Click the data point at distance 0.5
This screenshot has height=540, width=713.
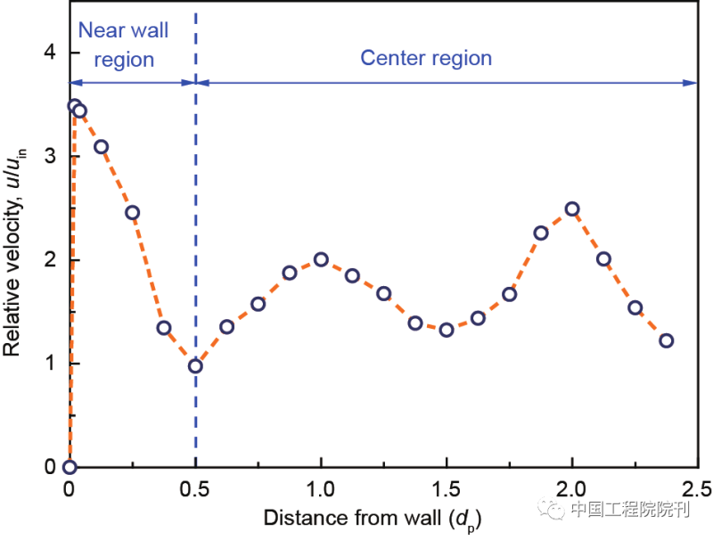click(x=195, y=365)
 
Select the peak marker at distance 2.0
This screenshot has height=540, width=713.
click(x=572, y=209)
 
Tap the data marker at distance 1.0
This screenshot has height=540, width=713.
click(x=321, y=260)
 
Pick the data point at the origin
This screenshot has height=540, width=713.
click(x=70, y=467)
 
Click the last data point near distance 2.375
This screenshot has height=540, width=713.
click(x=667, y=340)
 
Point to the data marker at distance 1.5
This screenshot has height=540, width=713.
click(x=447, y=330)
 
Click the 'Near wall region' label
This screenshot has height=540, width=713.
click(x=123, y=45)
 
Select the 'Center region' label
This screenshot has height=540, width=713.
click(x=426, y=59)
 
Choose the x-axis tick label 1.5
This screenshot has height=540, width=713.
click(x=447, y=488)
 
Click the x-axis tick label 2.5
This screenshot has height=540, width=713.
click(x=697, y=488)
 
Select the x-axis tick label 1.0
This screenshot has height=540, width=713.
click(x=321, y=488)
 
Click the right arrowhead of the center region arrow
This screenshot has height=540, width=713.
click(x=692, y=83)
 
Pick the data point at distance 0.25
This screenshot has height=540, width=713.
click(x=132, y=212)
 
